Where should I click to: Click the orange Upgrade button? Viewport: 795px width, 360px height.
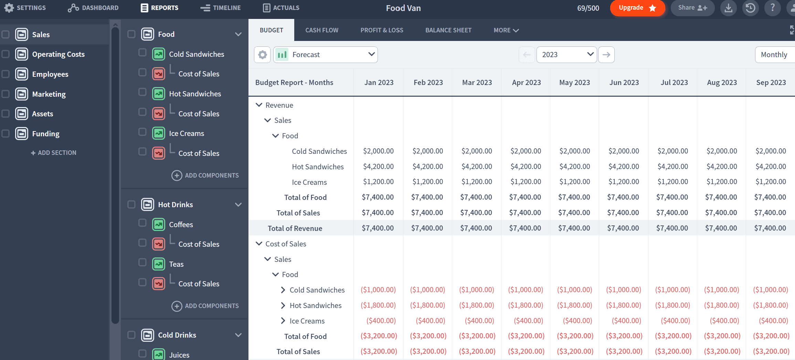[x=637, y=8]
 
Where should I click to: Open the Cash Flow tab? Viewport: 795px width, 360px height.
[x=322, y=30]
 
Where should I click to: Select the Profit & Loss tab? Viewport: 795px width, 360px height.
[x=382, y=30]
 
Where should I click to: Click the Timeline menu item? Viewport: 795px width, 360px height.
[x=221, y=8]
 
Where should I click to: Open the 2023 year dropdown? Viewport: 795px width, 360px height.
[x=566, y=55]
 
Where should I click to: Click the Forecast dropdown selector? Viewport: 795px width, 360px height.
[x=326, y=55]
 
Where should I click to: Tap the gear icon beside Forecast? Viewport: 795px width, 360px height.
[x=262, y=55]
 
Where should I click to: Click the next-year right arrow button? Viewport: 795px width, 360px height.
[x=606, y=55]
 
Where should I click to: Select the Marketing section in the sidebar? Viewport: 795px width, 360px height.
[x=49, y=94]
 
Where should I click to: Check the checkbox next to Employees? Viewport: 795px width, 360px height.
[x=6, y=74]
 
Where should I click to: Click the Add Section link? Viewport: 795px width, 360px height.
[x=54, y=153]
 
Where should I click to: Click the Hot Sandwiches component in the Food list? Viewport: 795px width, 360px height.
[x=195, y=94]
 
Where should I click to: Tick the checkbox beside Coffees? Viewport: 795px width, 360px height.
[x=142, y=223]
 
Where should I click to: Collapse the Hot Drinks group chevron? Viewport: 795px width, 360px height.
[x=238, y=205]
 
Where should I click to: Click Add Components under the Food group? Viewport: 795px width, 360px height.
[x=205, y=176]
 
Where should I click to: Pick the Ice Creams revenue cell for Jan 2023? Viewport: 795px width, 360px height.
[x=378, y=182]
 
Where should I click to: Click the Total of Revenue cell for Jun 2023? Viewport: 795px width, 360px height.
[x=623, y=228]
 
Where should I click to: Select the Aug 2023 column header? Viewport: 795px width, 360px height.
[x=722, y=83]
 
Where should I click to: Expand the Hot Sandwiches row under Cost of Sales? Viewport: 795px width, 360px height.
[x=283, y=306]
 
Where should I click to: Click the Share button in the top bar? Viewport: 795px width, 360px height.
[x=692, y=8]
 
